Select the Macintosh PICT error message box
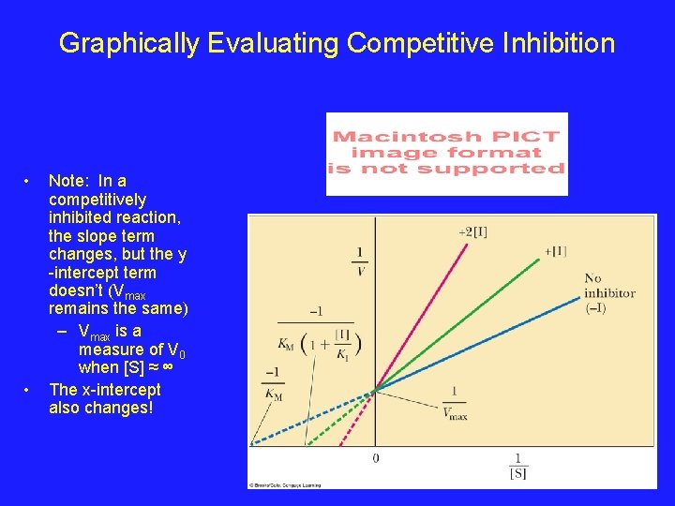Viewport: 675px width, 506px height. click(x=446, y=154)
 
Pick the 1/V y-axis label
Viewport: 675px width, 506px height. click(x=360, y=261)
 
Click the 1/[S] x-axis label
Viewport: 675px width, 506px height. click(x=517, y=466)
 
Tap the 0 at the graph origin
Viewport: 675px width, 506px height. click(x=376, y=458)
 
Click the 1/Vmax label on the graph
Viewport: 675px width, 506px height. click(x=454, y=403)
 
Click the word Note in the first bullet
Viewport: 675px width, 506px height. click(x=65, y=181)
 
